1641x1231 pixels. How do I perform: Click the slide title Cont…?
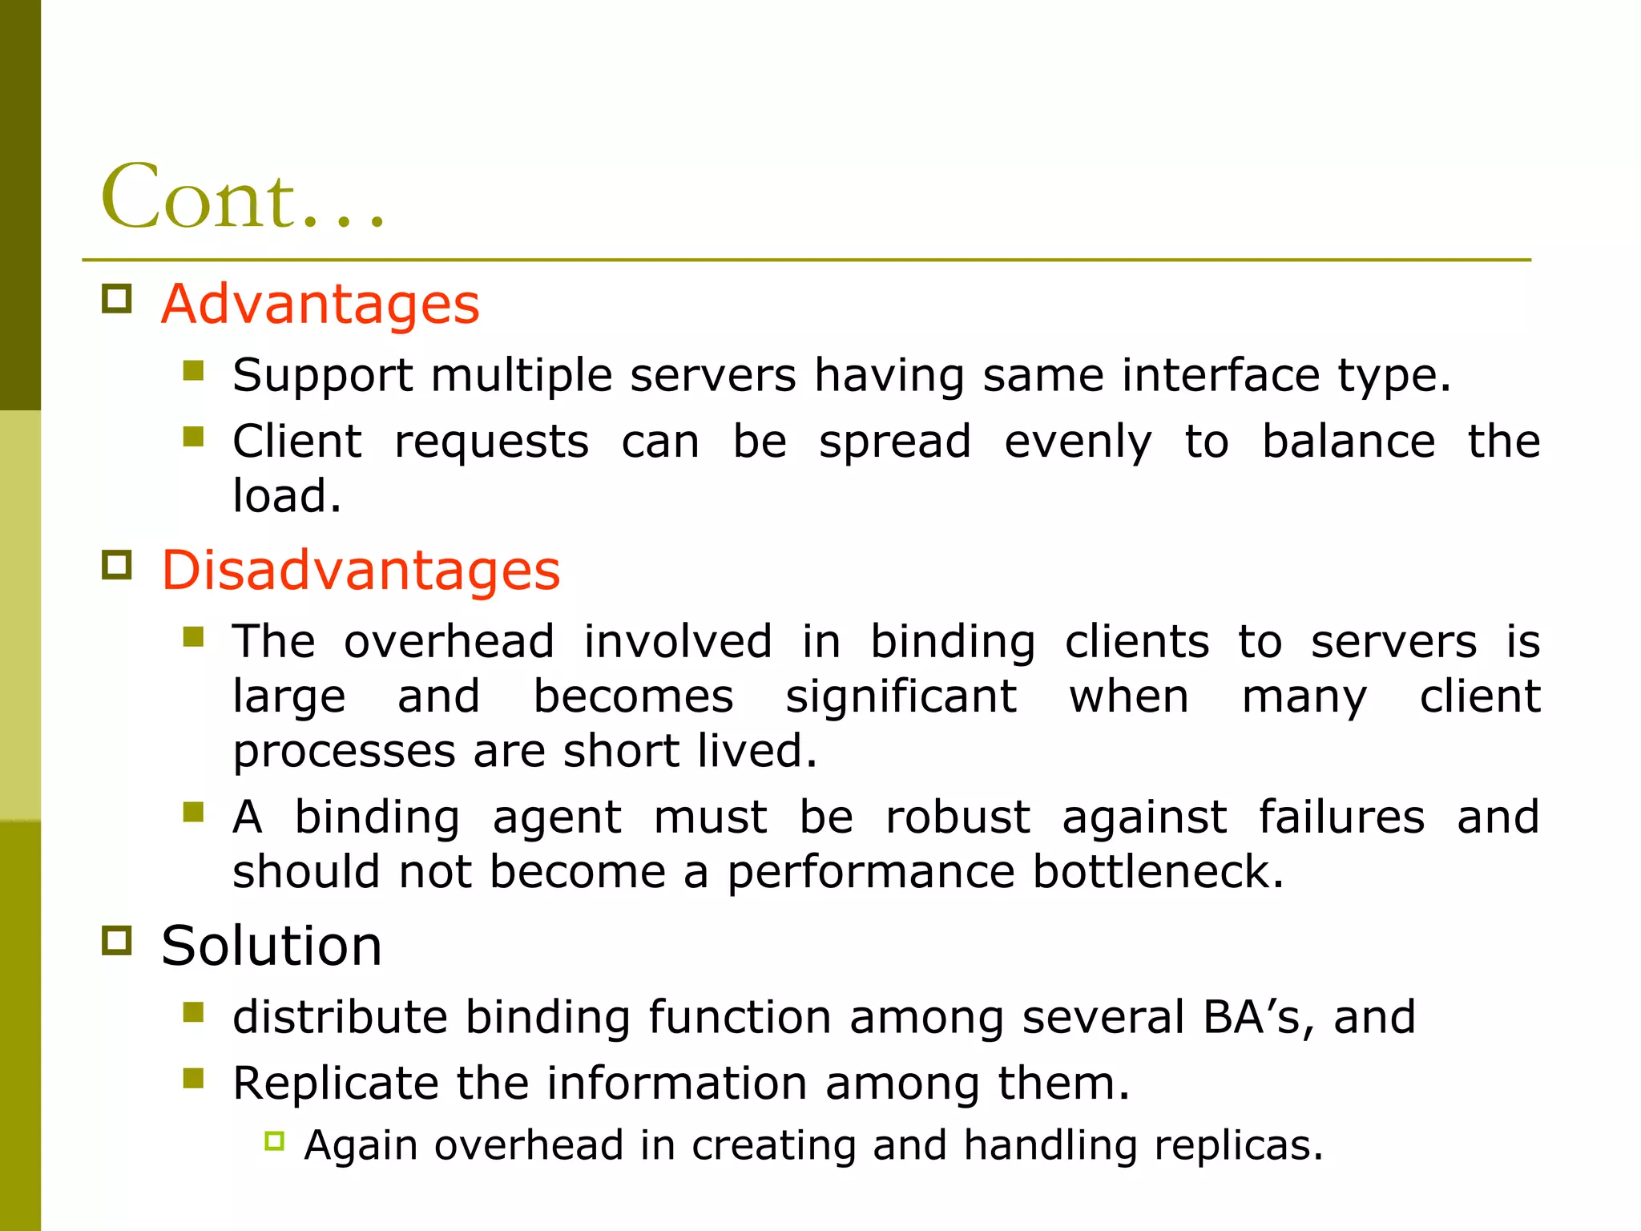(243, 197)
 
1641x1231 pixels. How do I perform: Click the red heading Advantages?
(320, 305)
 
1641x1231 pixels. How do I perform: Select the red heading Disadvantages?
(361, 571)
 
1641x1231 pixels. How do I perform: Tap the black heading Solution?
(271, 946)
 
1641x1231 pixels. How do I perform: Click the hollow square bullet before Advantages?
(117, 299)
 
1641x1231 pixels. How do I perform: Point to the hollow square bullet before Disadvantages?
(117, 565)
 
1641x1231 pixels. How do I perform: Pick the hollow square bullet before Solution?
(117, 940)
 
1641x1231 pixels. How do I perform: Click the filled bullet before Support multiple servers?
(193, 370)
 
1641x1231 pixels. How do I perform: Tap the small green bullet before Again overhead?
(274, 1141)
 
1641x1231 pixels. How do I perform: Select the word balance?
(1348, 442)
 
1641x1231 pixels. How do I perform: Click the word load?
(286, 496)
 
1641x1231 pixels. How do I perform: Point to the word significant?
(901, 696)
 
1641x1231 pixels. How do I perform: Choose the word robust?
(958, 817)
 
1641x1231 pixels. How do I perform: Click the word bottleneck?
(1158, 872)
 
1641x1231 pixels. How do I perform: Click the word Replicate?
(336, 1084)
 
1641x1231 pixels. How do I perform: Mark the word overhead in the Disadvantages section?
(449, 642)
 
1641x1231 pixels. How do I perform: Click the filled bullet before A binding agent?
(193, 813)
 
